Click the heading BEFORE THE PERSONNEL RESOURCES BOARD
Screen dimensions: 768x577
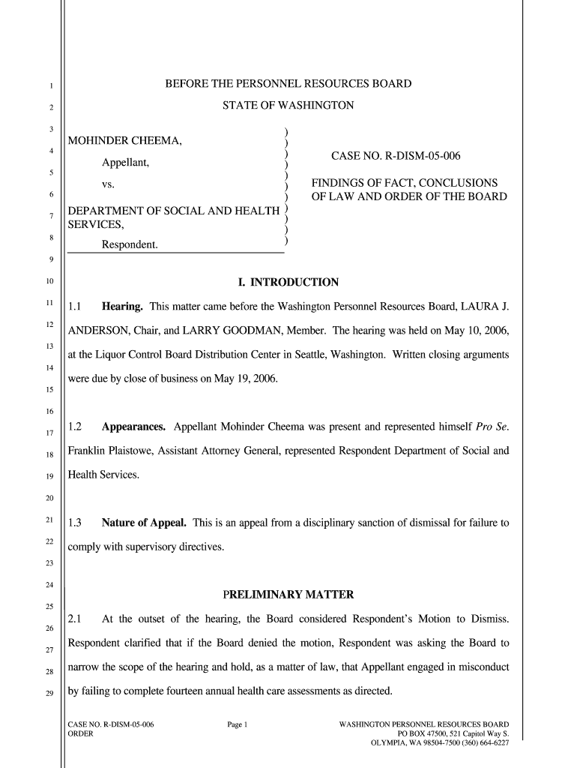288,84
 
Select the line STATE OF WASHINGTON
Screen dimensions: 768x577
288,106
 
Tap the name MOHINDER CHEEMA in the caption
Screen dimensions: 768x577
124,142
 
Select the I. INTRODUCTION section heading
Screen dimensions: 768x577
288,283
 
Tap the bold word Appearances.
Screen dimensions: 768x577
134,427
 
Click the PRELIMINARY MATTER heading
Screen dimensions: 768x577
288,595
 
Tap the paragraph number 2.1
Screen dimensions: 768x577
74,619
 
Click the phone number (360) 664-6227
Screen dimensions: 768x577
477,743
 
